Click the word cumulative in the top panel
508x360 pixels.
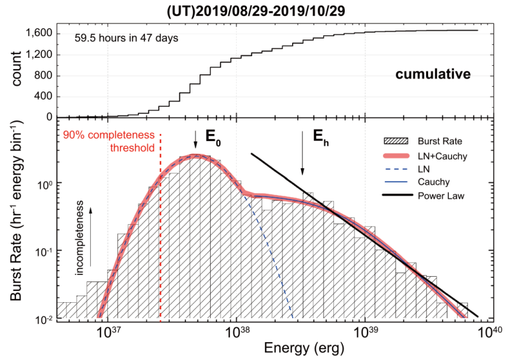pyautogui.click(x=432, y=75)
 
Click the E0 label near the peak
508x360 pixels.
pyautogui.click(x=213, y=135)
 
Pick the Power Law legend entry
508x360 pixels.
pyautogui.click(x=438, y=196)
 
